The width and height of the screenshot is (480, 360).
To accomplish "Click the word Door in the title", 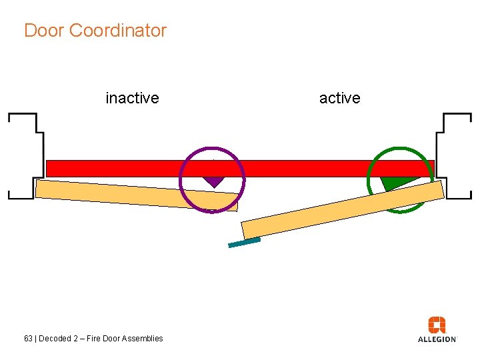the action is click(x=44, y=31).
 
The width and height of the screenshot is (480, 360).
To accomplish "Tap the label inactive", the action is click(x=132, y=98).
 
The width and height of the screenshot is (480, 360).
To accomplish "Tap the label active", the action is click(x=339, y=98).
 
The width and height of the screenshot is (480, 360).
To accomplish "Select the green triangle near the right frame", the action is click(x=394, y=183).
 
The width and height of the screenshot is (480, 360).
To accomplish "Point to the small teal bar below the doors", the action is click(x=244, y=243).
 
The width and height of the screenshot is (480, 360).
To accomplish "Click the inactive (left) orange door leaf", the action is click(x=133, y=195).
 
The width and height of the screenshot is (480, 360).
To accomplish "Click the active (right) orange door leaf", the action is click(x=340, y=210).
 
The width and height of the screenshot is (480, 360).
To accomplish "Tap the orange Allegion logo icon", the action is click(x=437, y=325).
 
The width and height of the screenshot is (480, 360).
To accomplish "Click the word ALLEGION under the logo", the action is click(x=437, y=339).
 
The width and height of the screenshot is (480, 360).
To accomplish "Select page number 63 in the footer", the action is click(x=28, y=339).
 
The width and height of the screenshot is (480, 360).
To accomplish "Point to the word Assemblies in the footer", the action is click(x=143, y=339).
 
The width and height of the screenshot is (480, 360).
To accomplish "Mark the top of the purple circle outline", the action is click(x=212, y=148).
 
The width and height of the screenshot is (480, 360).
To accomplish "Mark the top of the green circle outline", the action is click(x=400, y=148).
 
